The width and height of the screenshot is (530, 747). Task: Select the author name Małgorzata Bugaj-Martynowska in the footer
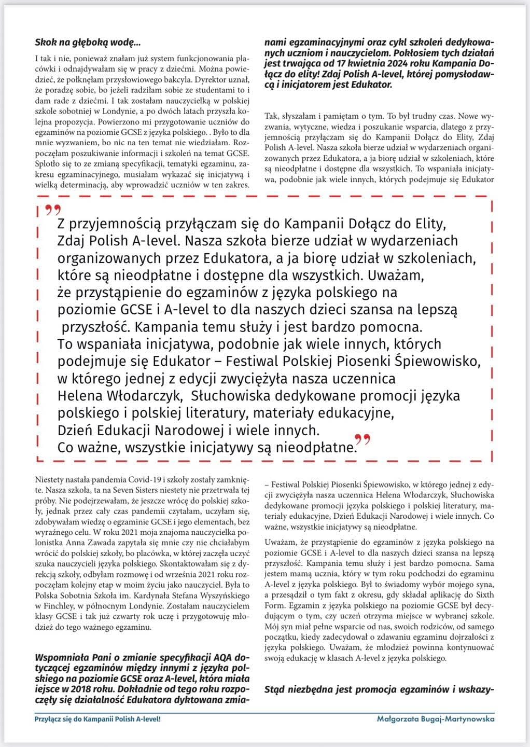click(436, 719)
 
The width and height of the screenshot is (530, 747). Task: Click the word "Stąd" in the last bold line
click(275, 690)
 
